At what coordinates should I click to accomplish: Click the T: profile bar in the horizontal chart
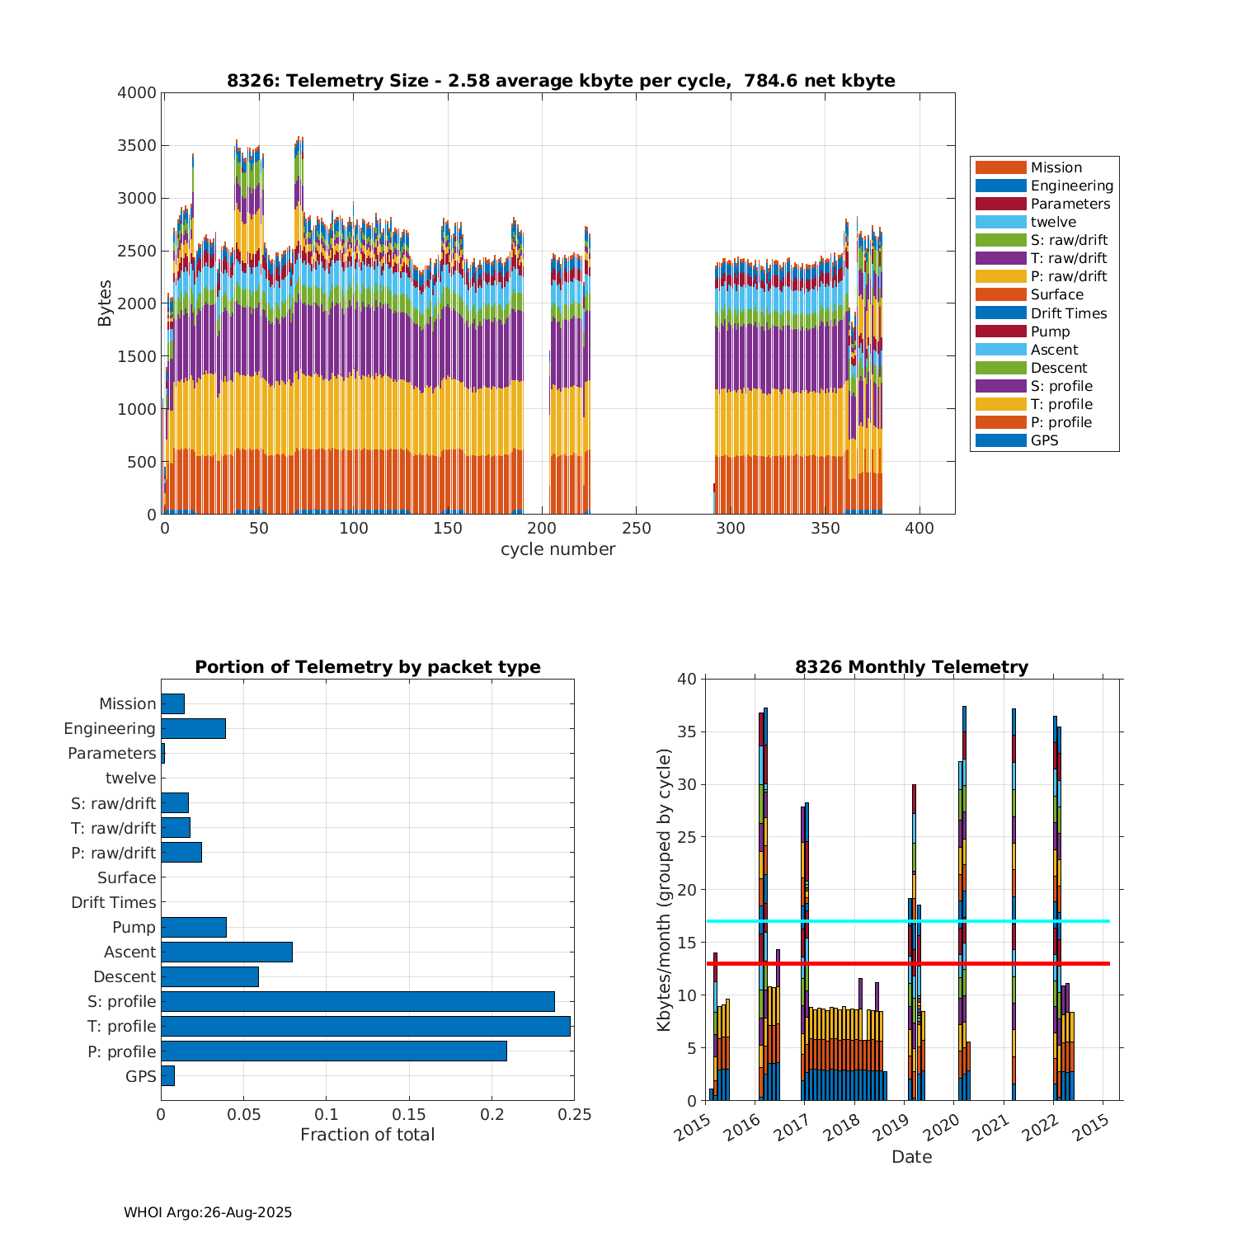(365, 1026)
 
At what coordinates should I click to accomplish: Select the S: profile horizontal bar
(357, 1001)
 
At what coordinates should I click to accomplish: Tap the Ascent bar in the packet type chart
(227, 952)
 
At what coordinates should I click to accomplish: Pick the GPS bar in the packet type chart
(167, 1075)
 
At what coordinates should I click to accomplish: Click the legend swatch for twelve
(1000, 222)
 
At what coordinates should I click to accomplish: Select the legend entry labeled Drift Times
(1068, 313)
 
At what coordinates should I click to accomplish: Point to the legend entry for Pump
(1050, 332)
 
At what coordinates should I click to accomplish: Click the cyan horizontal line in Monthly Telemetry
(907, 921)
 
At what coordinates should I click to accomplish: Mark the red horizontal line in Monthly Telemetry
(907, 963)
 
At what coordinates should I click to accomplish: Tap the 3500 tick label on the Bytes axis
(137, 146)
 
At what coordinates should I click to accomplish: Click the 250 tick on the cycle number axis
(636, 529)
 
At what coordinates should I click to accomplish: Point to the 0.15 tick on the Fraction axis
(409, 1115)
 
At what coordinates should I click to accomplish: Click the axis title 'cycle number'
(557, 549)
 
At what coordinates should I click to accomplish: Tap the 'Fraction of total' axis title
(367, 1135)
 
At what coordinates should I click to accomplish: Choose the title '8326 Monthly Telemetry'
(911, 667)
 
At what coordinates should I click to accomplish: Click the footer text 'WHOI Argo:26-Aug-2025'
(208, 1212)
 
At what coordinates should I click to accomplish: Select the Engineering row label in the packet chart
(110, 728)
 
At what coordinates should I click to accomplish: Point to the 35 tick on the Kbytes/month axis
(687, 731)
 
